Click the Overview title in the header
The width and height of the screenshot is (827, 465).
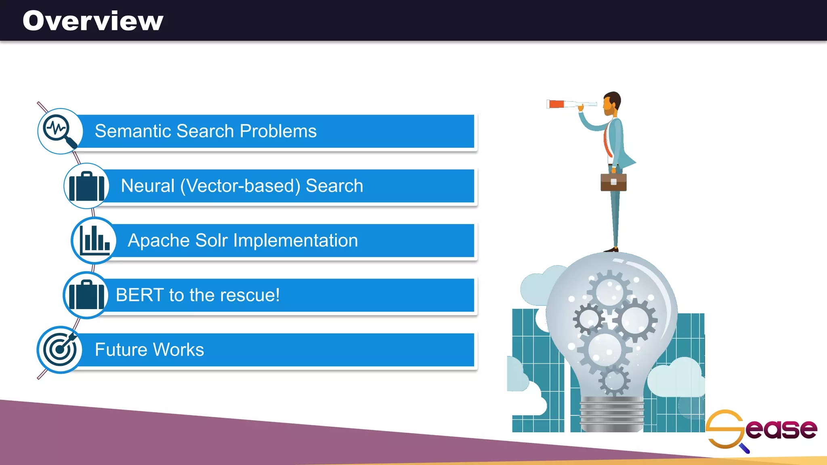click(x=93, y=21)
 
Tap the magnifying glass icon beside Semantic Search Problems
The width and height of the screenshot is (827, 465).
click(x=60, y=131)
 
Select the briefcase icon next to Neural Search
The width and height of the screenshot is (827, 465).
click(x=86, y=186)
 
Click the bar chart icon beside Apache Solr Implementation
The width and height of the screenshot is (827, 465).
click(x=94, y=240)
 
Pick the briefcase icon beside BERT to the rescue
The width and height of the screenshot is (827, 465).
click(x=86, y=295)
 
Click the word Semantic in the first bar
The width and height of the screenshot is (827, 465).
click(x=133, y=131)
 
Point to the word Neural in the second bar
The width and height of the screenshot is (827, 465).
click(x=147, y=186)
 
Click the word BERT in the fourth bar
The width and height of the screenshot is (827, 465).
click(x=139, y=295)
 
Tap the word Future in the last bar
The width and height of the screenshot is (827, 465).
click(x=120, y=350)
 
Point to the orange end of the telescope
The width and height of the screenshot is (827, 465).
click(x=556, y=104)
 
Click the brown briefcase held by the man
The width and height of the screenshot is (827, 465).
click(x=613, y=182)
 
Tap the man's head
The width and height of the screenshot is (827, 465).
click(x=612, y=103)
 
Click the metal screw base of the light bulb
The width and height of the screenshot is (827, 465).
click(x=612, y=414)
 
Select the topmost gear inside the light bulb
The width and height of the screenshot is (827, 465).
click(x=609, y=291)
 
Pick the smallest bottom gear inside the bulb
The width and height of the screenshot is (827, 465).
click(x=614, y=380)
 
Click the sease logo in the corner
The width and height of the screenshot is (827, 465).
click(x=761, y=430)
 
